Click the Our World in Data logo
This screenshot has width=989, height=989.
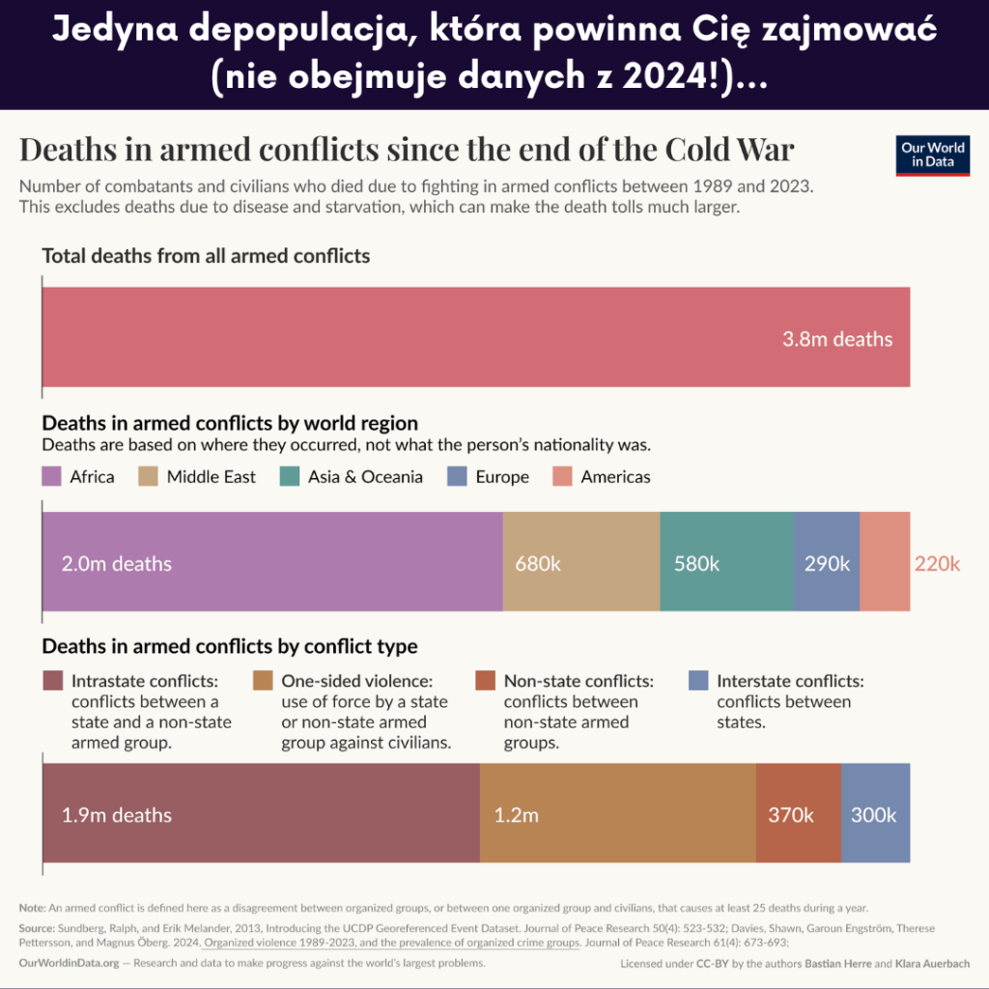(x=932, y=155)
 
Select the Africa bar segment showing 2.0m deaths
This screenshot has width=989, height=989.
(x=271, y=562)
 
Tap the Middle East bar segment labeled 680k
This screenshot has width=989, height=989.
(x=580, y=562)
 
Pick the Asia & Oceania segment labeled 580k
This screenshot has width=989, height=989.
(x=726, y=562)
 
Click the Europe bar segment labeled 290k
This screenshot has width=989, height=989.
(x=826, y=562)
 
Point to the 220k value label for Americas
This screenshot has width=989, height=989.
(x=937, y=563)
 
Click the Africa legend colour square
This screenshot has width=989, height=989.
(x=52, y=476)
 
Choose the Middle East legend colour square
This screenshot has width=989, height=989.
(x=149, y=476)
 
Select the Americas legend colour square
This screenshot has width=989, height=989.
(x=563, y=476)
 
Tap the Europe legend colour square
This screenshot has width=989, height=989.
(x=458, y=476)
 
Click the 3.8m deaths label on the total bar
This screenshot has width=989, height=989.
(x=837, y=339)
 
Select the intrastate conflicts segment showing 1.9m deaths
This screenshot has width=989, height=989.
(x=261, y=813)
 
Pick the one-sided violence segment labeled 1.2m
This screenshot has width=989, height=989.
(x=617, y=813)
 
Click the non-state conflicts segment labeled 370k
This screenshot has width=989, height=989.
(x=798, y=813)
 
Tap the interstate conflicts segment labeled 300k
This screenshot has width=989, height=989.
(x=875, y=813)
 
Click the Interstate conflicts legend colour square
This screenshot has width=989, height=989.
(x=699, y=680)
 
